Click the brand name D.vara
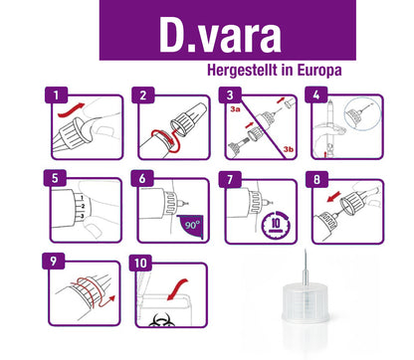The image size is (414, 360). point(220,35)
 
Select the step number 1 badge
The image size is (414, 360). point(56,95)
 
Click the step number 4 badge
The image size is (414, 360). point(316,95)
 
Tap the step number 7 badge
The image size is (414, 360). point(230,179)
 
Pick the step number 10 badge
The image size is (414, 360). point(140,263)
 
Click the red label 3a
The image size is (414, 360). point(235,109)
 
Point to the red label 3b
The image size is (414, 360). point(288,149)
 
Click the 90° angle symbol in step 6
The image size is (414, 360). point(191,226)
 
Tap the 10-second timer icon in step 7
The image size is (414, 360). point(276,224)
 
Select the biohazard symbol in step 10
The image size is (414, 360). point(161,320)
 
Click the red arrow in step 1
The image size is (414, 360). point(71,110)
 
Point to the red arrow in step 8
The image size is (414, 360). point(333,196)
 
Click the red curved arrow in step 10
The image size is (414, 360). point(177,290)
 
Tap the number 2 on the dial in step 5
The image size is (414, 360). point(83,207)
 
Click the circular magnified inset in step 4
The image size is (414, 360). point(359,113)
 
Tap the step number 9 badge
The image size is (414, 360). point(54,262)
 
